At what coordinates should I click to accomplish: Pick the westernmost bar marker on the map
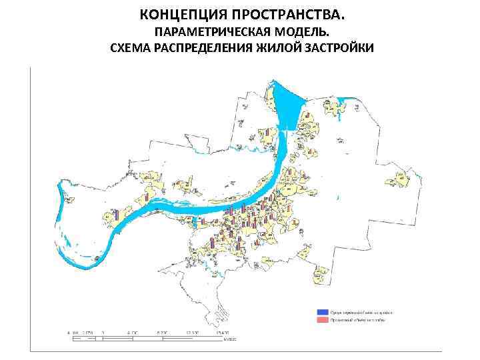116,215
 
